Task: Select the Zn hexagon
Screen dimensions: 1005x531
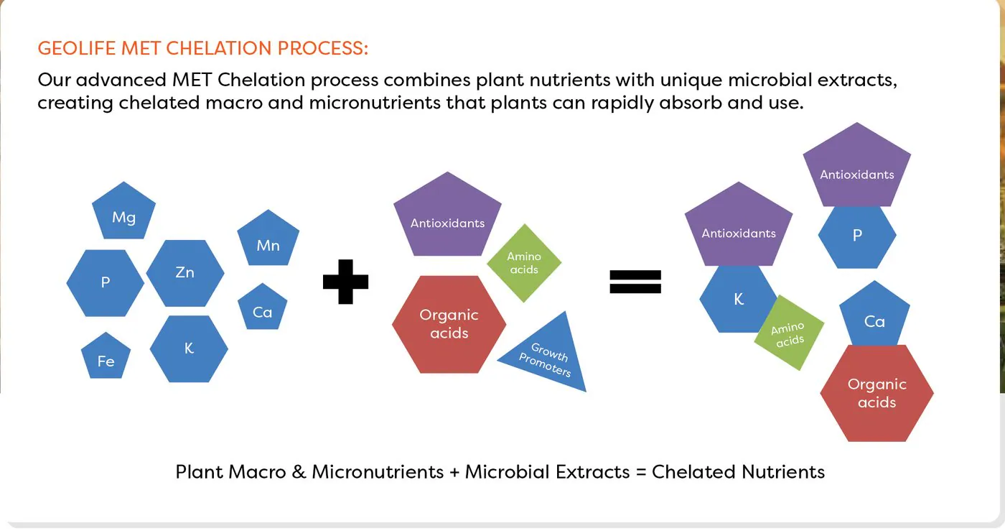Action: (x=185, y=273)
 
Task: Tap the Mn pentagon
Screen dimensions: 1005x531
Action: (x=268, y=239)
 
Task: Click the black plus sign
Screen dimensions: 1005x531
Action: (x=345, y=282)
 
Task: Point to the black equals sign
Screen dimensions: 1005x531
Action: (x=635, y=282)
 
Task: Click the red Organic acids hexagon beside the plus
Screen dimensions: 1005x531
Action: (x=449, y=324)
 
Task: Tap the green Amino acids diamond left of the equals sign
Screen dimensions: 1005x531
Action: (x=524, y=263)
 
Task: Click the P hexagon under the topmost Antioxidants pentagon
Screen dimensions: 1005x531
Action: (x=857, y=236)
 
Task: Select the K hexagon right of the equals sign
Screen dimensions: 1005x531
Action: (x=736, y=299)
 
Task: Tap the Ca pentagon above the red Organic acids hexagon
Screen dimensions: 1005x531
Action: (x=874, y=316)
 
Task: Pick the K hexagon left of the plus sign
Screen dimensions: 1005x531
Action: (x=189, y=348)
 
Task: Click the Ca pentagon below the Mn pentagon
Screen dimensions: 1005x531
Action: (x=263, y=308)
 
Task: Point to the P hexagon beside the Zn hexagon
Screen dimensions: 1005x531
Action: (x=106, y=283)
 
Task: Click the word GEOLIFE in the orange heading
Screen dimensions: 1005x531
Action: (x=77, y=48)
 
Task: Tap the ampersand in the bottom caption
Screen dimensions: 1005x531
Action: (x=299, y=472)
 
